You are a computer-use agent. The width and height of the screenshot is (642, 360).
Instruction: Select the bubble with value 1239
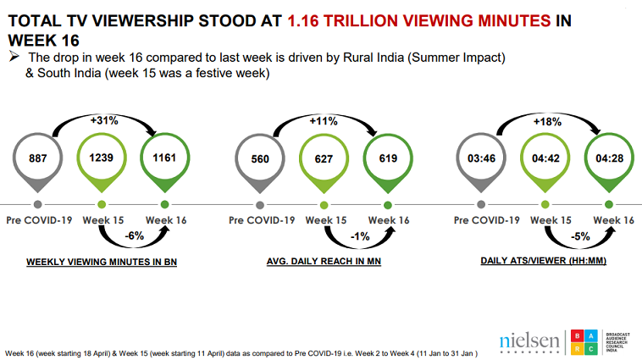click(x=102, y=157)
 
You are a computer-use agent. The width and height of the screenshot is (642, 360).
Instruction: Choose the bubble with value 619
click(x=387, y=157)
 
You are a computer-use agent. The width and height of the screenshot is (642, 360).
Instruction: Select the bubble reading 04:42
click(x=546, y=157)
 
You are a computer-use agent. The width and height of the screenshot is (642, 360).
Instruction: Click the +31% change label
click(x=103, y=120)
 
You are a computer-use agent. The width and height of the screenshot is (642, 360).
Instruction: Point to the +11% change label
click(x=324, y=120)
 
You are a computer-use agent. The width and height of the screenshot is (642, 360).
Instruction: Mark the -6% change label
click(x=133, y=236)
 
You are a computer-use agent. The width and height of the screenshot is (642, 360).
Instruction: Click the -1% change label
click(x=357, y=236)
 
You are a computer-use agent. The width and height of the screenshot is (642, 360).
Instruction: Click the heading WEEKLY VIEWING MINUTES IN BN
click(x=100, y=263)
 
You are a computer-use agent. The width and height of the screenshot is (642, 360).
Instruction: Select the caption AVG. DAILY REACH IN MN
click(x=323, y=263)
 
